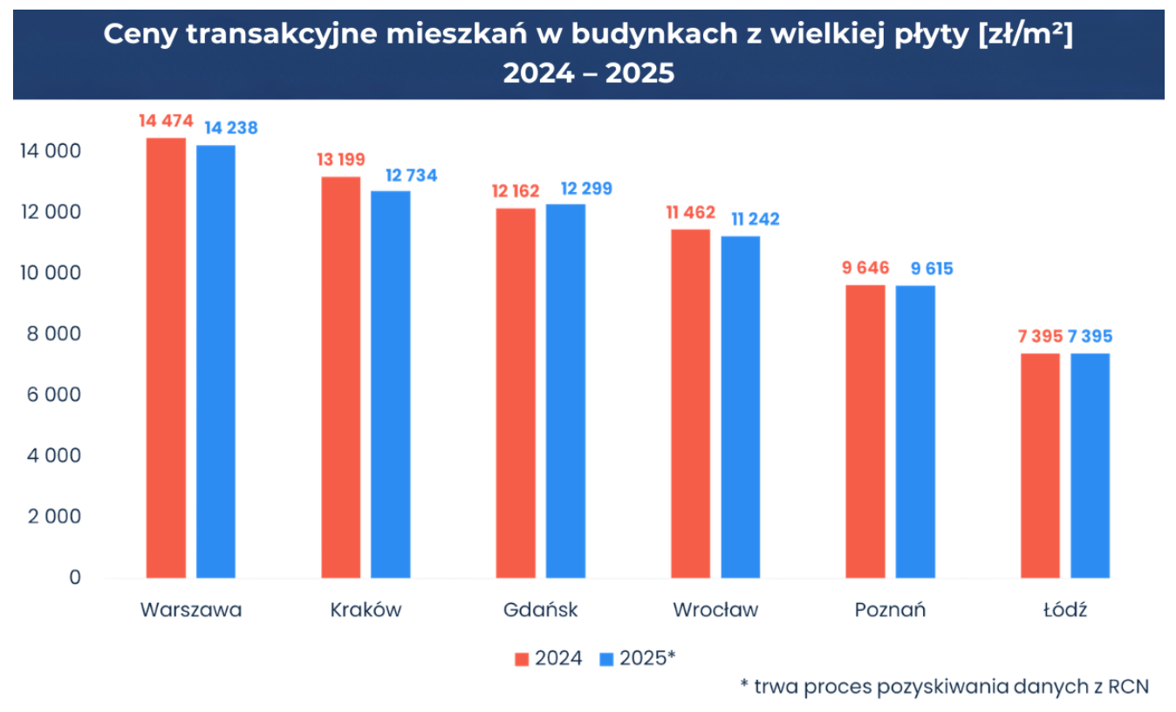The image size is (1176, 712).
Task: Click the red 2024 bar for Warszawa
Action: (x=166, y=358)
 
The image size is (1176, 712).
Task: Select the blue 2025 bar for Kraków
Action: (x=390, y=384)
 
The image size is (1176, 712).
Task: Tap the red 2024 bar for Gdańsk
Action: (x=516, y=393)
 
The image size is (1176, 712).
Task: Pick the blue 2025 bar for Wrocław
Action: (x=740, y=407)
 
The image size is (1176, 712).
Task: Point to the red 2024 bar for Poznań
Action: (x=865, y=431)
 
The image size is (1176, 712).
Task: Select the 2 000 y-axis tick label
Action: (x=54, y=517)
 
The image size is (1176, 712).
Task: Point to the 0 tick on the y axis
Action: (x=75, y=578)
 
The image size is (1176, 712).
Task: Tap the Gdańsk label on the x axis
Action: (x=541, y=610)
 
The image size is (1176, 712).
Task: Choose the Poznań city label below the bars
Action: (x=890, y=610)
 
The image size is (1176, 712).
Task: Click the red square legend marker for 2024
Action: (x=522, y=659)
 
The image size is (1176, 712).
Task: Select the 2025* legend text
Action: (x=647, y=659)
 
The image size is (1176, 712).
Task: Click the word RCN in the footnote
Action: (x=1131, y=687)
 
